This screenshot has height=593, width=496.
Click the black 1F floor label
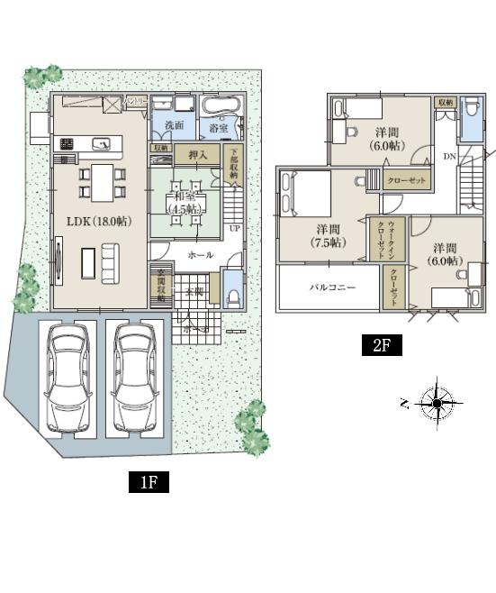[x=149, y=482]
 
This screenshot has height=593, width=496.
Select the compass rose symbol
[x=437, y=403]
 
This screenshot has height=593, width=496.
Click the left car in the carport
[x=68, y=378]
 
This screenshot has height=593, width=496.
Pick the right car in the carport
[x=134, y=378]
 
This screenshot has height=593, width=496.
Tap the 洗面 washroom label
[x=175, y=126]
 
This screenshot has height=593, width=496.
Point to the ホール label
[x=200, y=255]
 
